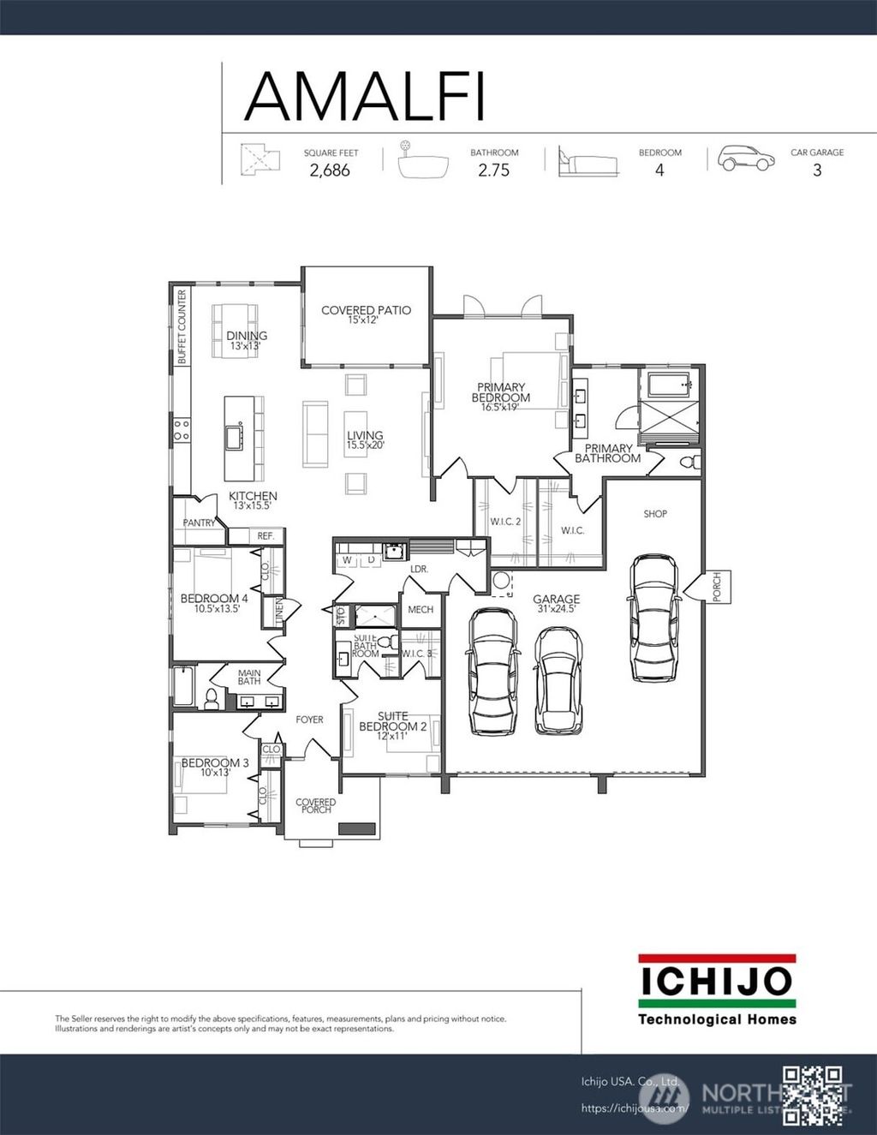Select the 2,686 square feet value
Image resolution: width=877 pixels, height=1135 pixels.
pyautogui.click(x=330, y=170)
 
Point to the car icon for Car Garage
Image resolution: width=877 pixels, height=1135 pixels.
pyautogui.click(x=745, y=158)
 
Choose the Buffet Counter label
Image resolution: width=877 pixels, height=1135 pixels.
pyautogui.click(x=182, y=327)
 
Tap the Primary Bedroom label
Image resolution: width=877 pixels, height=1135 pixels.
pyautogui.click(x=501, y=393)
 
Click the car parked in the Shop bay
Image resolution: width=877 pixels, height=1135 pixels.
pyautogui.click(x=653, y=618)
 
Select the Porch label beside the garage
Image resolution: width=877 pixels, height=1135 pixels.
pyautogui.click(x=717, y=587)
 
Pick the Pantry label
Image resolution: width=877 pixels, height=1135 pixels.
pyautogui.click(x=199, y=523)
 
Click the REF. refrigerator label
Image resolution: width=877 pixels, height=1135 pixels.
pyautogui.click(x=265, y=536)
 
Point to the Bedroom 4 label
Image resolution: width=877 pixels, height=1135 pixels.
pyautogui.click(x=214, y=599)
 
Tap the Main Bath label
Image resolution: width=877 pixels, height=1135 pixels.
pyautogui.click(x=249, y=677)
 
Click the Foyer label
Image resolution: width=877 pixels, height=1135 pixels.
pyautogui.click(x=309, y=720)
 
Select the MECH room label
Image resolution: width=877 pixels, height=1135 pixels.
pyautogui.click(x=420, y=610)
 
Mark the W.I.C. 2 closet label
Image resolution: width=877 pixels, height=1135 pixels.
pyautogui.click(x=505, y=522)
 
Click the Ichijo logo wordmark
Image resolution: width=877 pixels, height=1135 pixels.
pyautogui.click(x=717, y=982)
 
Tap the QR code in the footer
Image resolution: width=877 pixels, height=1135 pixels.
pyautogui.click(x=813, y=1094)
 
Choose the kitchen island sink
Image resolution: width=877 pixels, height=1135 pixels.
pyautogui.click(x=234, y=437)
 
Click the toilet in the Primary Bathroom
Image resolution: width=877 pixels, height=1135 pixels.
pyautogui.click(x=689, y=463)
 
